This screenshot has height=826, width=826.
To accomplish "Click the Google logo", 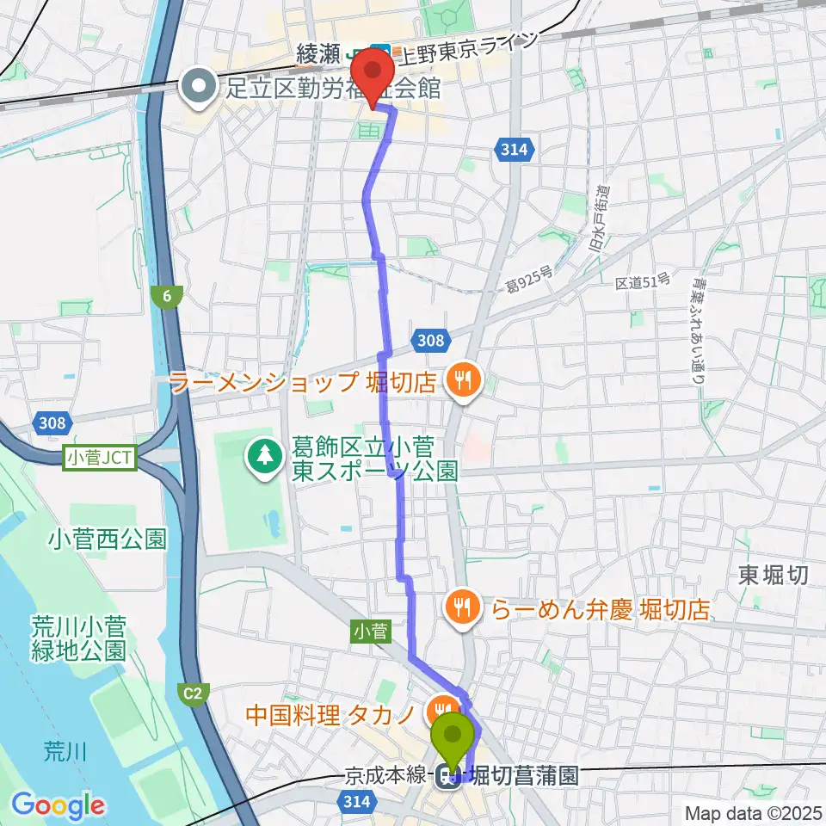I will pos(58,805).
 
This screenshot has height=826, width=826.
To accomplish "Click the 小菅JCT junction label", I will pos(101,458).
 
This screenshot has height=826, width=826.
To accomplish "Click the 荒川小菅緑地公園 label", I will pos(79,638).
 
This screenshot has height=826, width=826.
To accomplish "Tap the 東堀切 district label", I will pos(773,576).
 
